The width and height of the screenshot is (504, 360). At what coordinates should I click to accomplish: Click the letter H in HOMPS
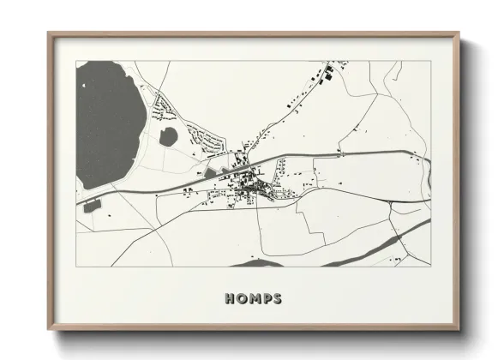coord(230,299)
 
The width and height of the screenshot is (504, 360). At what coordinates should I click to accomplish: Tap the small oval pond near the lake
coord(170,135)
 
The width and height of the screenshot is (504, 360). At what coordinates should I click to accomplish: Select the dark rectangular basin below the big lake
coord(92,205)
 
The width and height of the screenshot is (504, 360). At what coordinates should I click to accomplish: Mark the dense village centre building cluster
coord(253,184)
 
